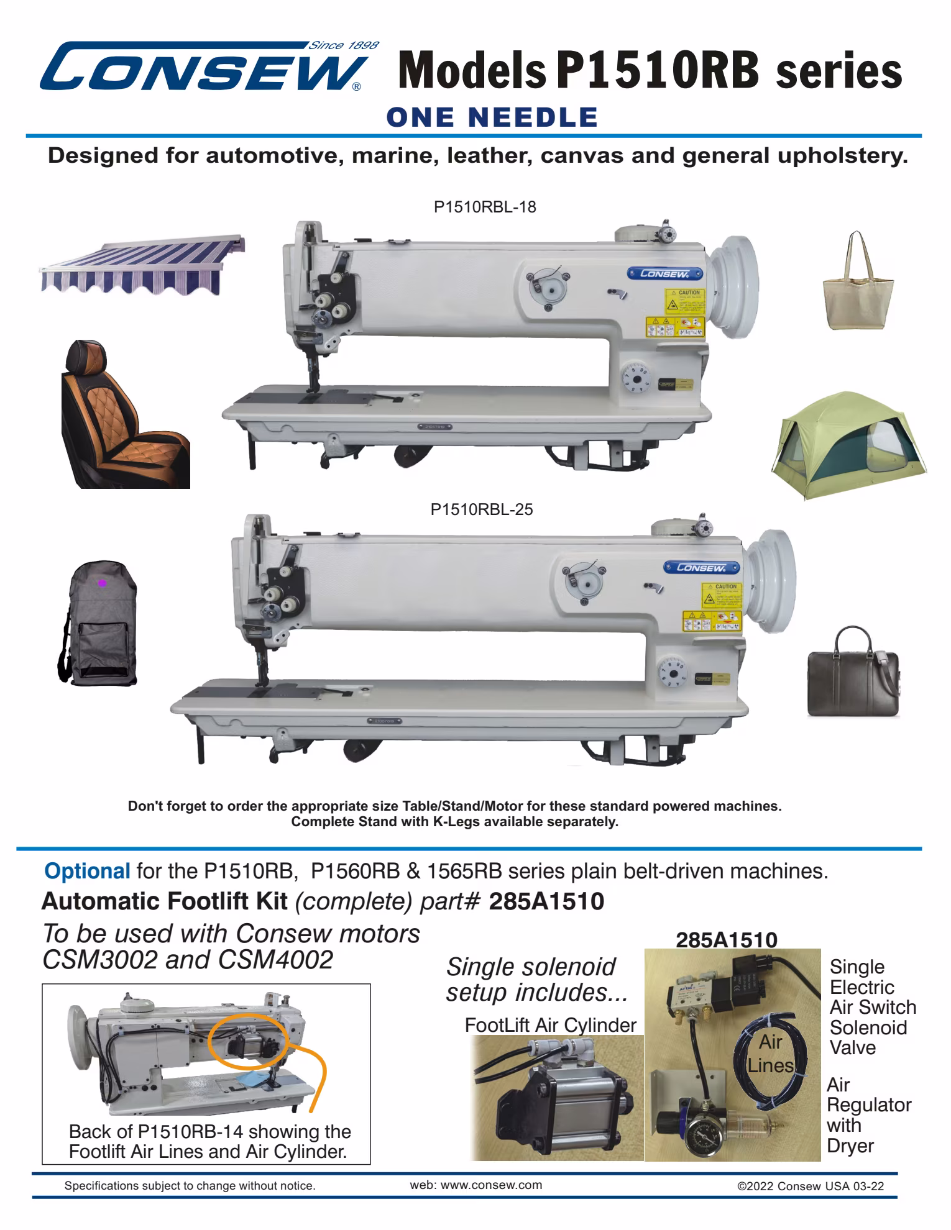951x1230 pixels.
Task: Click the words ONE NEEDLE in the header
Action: [x=492, y=117]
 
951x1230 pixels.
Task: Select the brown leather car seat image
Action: [x=124, y=414]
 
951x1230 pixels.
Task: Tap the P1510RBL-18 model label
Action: [x=484, y=207]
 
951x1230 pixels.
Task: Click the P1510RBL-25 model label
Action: [x=482, y=509]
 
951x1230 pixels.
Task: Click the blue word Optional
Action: [x=86, y=871]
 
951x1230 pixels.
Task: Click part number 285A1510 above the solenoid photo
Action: [x=726, y=940]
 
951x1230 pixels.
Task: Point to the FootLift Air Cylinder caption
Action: [x=550, y=1026]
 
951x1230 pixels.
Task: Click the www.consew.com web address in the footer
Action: [x=475, y=1185]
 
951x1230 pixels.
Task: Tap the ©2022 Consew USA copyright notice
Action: [x=810, y=1186]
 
